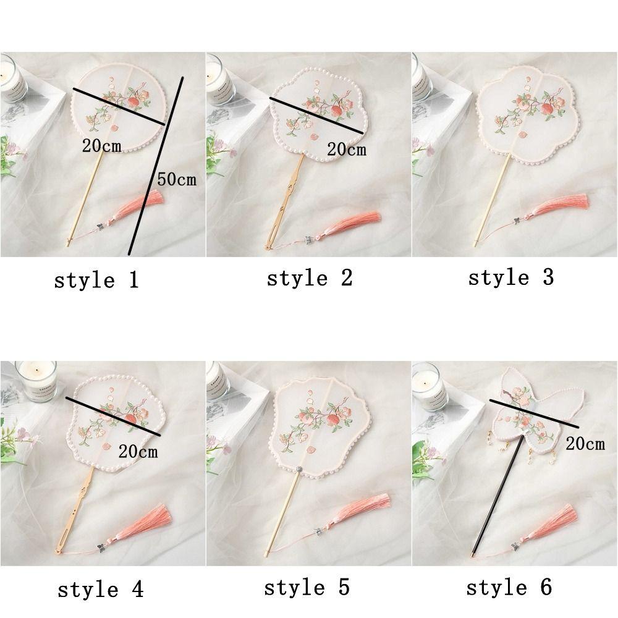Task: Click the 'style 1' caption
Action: tap(97, 280)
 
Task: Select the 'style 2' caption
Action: tap(309, 278)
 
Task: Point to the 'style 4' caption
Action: tap(100, 589)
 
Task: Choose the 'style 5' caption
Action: tap(307, 587)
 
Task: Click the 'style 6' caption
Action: tap(509, 587)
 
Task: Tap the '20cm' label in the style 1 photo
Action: tap(101, 146)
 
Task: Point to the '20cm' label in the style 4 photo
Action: tap(138, 451)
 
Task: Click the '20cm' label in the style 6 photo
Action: tap(585, 443)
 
